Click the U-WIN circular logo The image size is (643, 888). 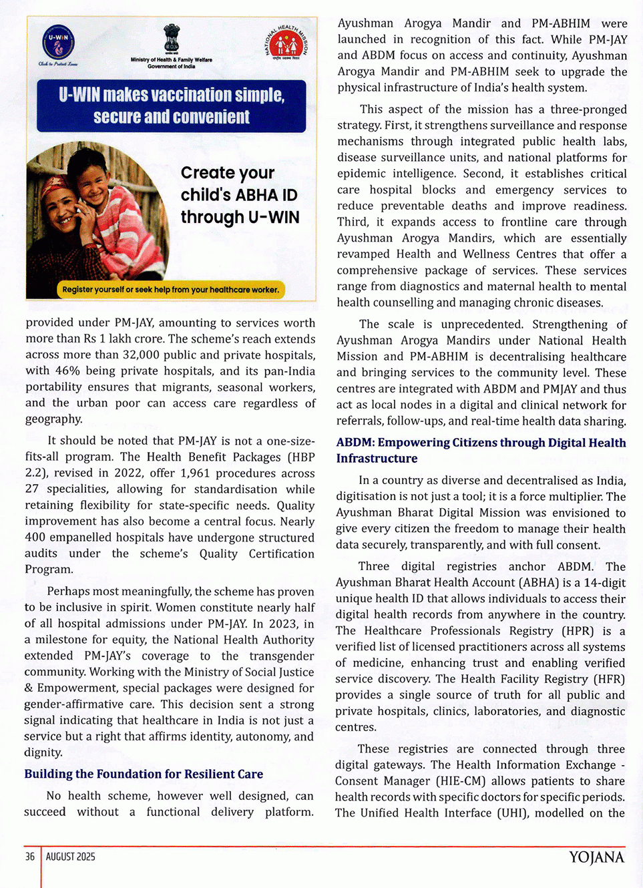click(58, 42)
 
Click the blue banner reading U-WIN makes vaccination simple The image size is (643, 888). click(172, 105)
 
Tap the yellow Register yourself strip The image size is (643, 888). click(170, 290)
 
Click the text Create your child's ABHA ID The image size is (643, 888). click(239, 195)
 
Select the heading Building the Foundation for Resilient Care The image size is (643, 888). click(144, 774)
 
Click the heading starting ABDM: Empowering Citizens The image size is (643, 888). click(481, 451)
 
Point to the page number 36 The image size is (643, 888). click(30, 857)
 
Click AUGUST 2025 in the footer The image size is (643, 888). click(70, 857)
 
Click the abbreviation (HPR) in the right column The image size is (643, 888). click(579, 631)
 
